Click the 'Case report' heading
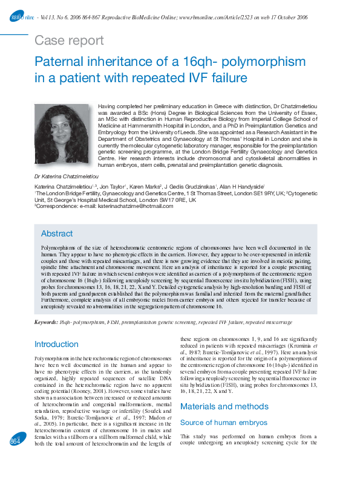pyautogui.click(x=70, y=41)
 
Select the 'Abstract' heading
pyautogui.click(x=57, y=233)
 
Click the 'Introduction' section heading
pyautogui.click(x=56, y=344)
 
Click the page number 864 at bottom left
pyautogui.click(x=15, y=459)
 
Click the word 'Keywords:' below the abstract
pyautogui.click(x=46, y=322)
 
